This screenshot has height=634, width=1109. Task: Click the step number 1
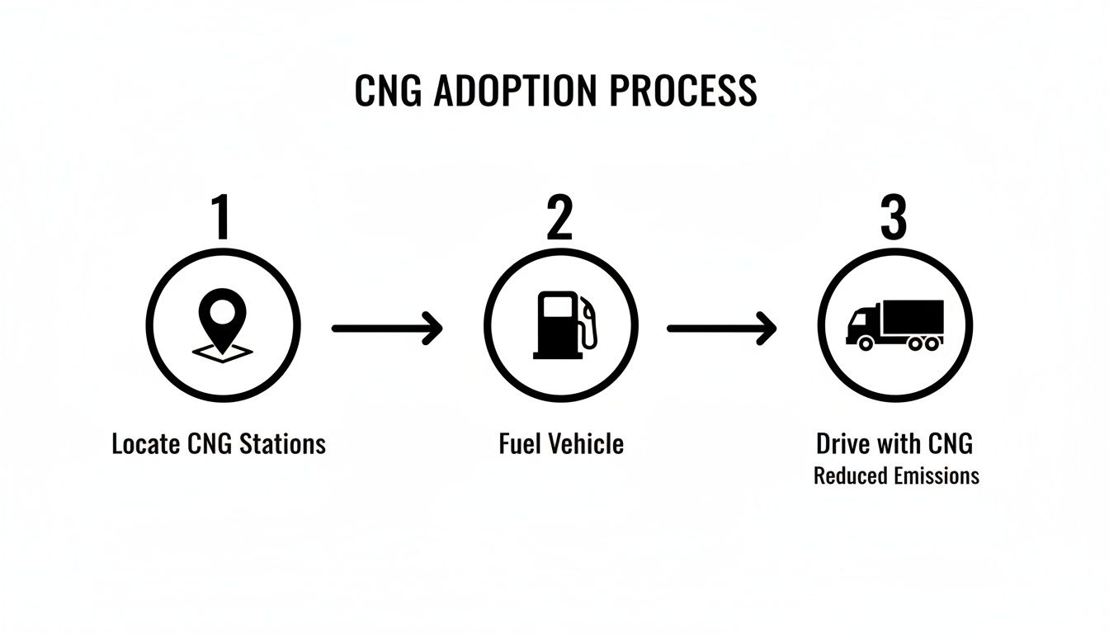tap(220, 217)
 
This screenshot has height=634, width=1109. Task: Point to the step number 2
tap(559, 217)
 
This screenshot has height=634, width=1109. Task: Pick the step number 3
tap(894, 217)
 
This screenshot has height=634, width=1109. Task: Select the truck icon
tap(895, 325)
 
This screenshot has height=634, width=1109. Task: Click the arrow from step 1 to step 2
tap(387, 328)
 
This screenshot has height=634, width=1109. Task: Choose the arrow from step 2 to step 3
tap(722, 328)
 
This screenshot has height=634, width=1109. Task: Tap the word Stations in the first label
tap(282, 444)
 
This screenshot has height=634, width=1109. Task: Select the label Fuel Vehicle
tap(561, 444)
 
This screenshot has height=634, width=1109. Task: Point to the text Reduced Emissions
tap(896, 476)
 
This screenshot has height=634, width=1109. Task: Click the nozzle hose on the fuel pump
tap(587, 326)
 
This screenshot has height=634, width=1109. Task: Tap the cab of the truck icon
tap(862, 324)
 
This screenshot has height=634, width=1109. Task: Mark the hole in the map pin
tap(221, 312)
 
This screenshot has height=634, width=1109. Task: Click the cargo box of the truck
tap(912, 315)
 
